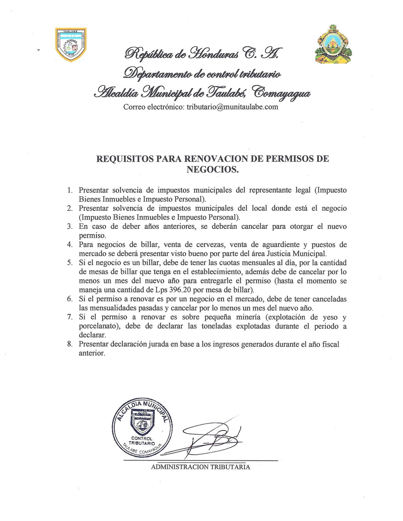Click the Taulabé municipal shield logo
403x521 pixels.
coord(71,45)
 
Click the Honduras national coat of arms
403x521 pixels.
coord(333,45)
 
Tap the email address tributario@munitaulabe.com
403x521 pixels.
coord(232,107)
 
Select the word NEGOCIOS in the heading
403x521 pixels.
coord(212,170)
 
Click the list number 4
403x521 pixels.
coord(70,245)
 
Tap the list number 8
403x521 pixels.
coord(70,344)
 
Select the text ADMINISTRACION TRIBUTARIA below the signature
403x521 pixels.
coord(200,467)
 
